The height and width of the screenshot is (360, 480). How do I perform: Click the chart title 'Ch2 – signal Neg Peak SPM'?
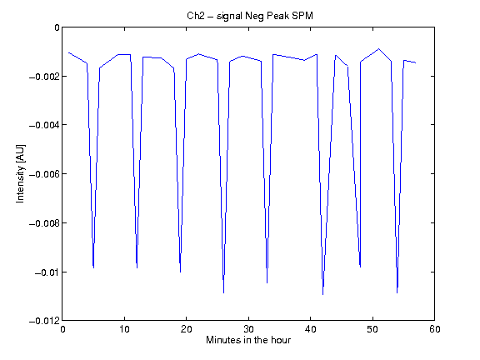[x=250, y=16]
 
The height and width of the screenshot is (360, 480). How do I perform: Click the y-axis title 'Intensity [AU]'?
[x=21, y=173]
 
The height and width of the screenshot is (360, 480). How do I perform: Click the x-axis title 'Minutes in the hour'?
[x=248, y=340]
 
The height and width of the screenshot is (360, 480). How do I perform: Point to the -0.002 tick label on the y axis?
[x=44, y=76]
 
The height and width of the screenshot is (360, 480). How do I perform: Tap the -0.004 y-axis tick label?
[x=44, y=125]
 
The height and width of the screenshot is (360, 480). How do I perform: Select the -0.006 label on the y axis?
[x=44, y=174]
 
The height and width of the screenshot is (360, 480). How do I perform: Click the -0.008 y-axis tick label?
[x=44, y=223]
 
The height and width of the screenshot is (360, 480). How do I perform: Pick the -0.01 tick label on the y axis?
[x=47, y=272]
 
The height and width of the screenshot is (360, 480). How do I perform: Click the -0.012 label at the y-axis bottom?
[x=44, y=321]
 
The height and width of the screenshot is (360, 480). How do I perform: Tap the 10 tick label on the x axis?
[x=124, y=329]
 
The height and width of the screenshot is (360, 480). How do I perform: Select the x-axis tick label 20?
[x=186, y=329]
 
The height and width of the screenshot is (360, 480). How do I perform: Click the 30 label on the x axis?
[x=248, y=329]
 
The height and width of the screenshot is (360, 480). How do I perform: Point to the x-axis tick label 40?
[x=310, y=329]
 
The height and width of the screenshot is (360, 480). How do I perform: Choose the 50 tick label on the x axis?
[x=372, y=329]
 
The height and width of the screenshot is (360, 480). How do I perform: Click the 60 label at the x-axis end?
[x=435, y=329]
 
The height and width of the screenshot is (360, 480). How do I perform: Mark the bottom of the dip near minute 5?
[x=93, y=267]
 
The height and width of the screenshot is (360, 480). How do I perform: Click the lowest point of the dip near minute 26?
[x=224, y=293]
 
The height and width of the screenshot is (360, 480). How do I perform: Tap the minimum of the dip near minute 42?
[x=323, y=294]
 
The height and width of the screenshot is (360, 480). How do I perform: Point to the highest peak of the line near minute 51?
[x=378, y=48]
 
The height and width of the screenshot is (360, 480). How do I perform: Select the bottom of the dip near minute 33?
[x=267, y=282]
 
